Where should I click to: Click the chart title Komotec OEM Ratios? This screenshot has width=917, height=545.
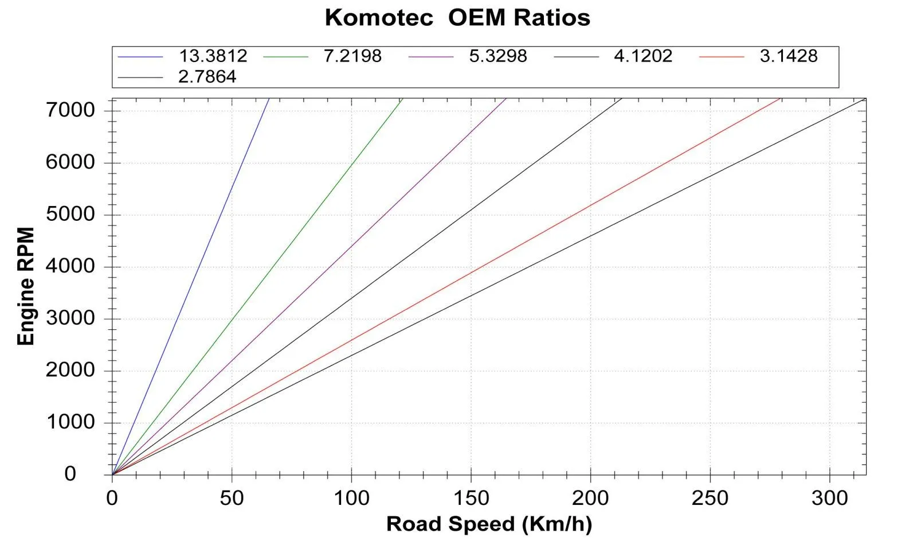coord(457,18)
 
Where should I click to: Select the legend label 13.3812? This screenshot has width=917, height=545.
coord(213,56)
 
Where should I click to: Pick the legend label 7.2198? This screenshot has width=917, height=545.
coord(352,56)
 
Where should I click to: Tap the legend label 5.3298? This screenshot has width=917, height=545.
coord(498,56)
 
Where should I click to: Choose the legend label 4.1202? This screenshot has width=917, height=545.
coord(643,56)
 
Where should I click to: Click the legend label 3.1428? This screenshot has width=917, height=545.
coord(789,56)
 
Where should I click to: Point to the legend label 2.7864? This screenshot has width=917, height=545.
coord(207,77)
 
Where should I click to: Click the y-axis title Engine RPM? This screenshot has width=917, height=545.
coord(26,286)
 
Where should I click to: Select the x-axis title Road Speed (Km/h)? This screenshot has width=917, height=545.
coord(489,524)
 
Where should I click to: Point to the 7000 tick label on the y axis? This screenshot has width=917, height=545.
coord(70,110)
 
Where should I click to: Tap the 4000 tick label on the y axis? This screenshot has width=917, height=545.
coord(70,266)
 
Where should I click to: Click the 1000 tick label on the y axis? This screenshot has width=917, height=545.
coord(70,422)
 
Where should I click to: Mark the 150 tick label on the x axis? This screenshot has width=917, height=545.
coord(471,498)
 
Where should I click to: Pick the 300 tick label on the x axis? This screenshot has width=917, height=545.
coord(829,498)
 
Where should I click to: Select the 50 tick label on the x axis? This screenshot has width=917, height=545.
coord(232,498)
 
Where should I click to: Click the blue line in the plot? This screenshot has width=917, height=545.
coord(189,287)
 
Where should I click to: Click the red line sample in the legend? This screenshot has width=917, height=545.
coord(721,57)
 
